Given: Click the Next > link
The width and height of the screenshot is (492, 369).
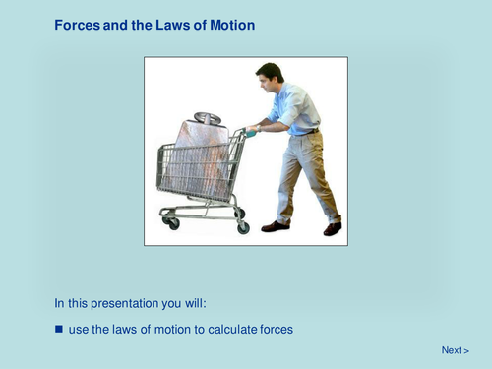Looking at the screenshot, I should pos(455,350).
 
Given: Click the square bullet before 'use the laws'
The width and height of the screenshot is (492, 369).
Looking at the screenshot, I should pos(58,328).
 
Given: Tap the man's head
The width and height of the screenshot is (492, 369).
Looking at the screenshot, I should pos(270,76).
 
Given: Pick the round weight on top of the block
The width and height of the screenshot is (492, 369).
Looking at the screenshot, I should pos(207,118).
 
